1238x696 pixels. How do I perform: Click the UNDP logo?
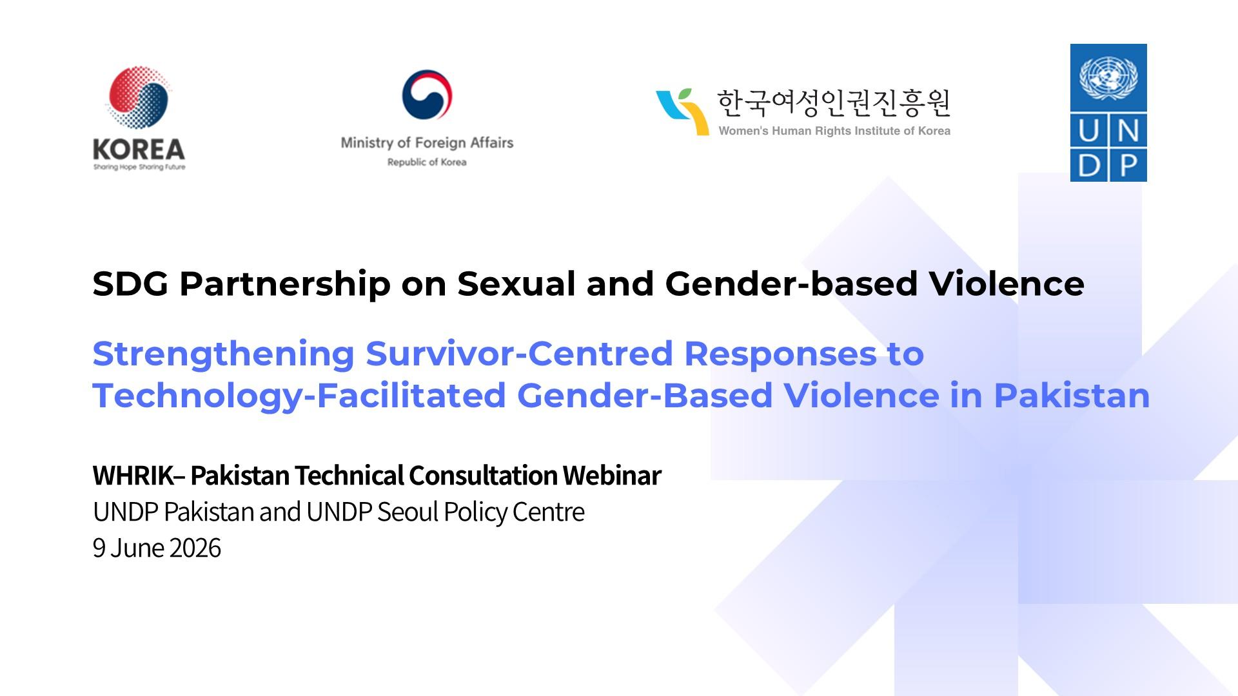click(x=1108, y=113)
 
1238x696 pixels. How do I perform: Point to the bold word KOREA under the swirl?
click(x=139, y=150)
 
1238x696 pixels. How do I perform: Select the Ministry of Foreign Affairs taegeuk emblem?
click(x=427, y=94)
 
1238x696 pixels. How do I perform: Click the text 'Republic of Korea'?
click(x=427, y=162)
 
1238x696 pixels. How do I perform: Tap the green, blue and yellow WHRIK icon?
click(x=682, y=111)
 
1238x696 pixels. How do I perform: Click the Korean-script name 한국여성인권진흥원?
click(x=834, y=103)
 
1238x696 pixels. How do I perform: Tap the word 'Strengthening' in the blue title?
click(x=223, y=354)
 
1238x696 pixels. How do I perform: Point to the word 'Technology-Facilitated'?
click(x=299, y=396)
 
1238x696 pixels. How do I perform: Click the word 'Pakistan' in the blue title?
click(x=1072, y=396)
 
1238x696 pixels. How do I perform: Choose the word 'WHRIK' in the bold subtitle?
click(x=133, y=476)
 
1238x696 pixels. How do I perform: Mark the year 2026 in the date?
click(x=195, y=548)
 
